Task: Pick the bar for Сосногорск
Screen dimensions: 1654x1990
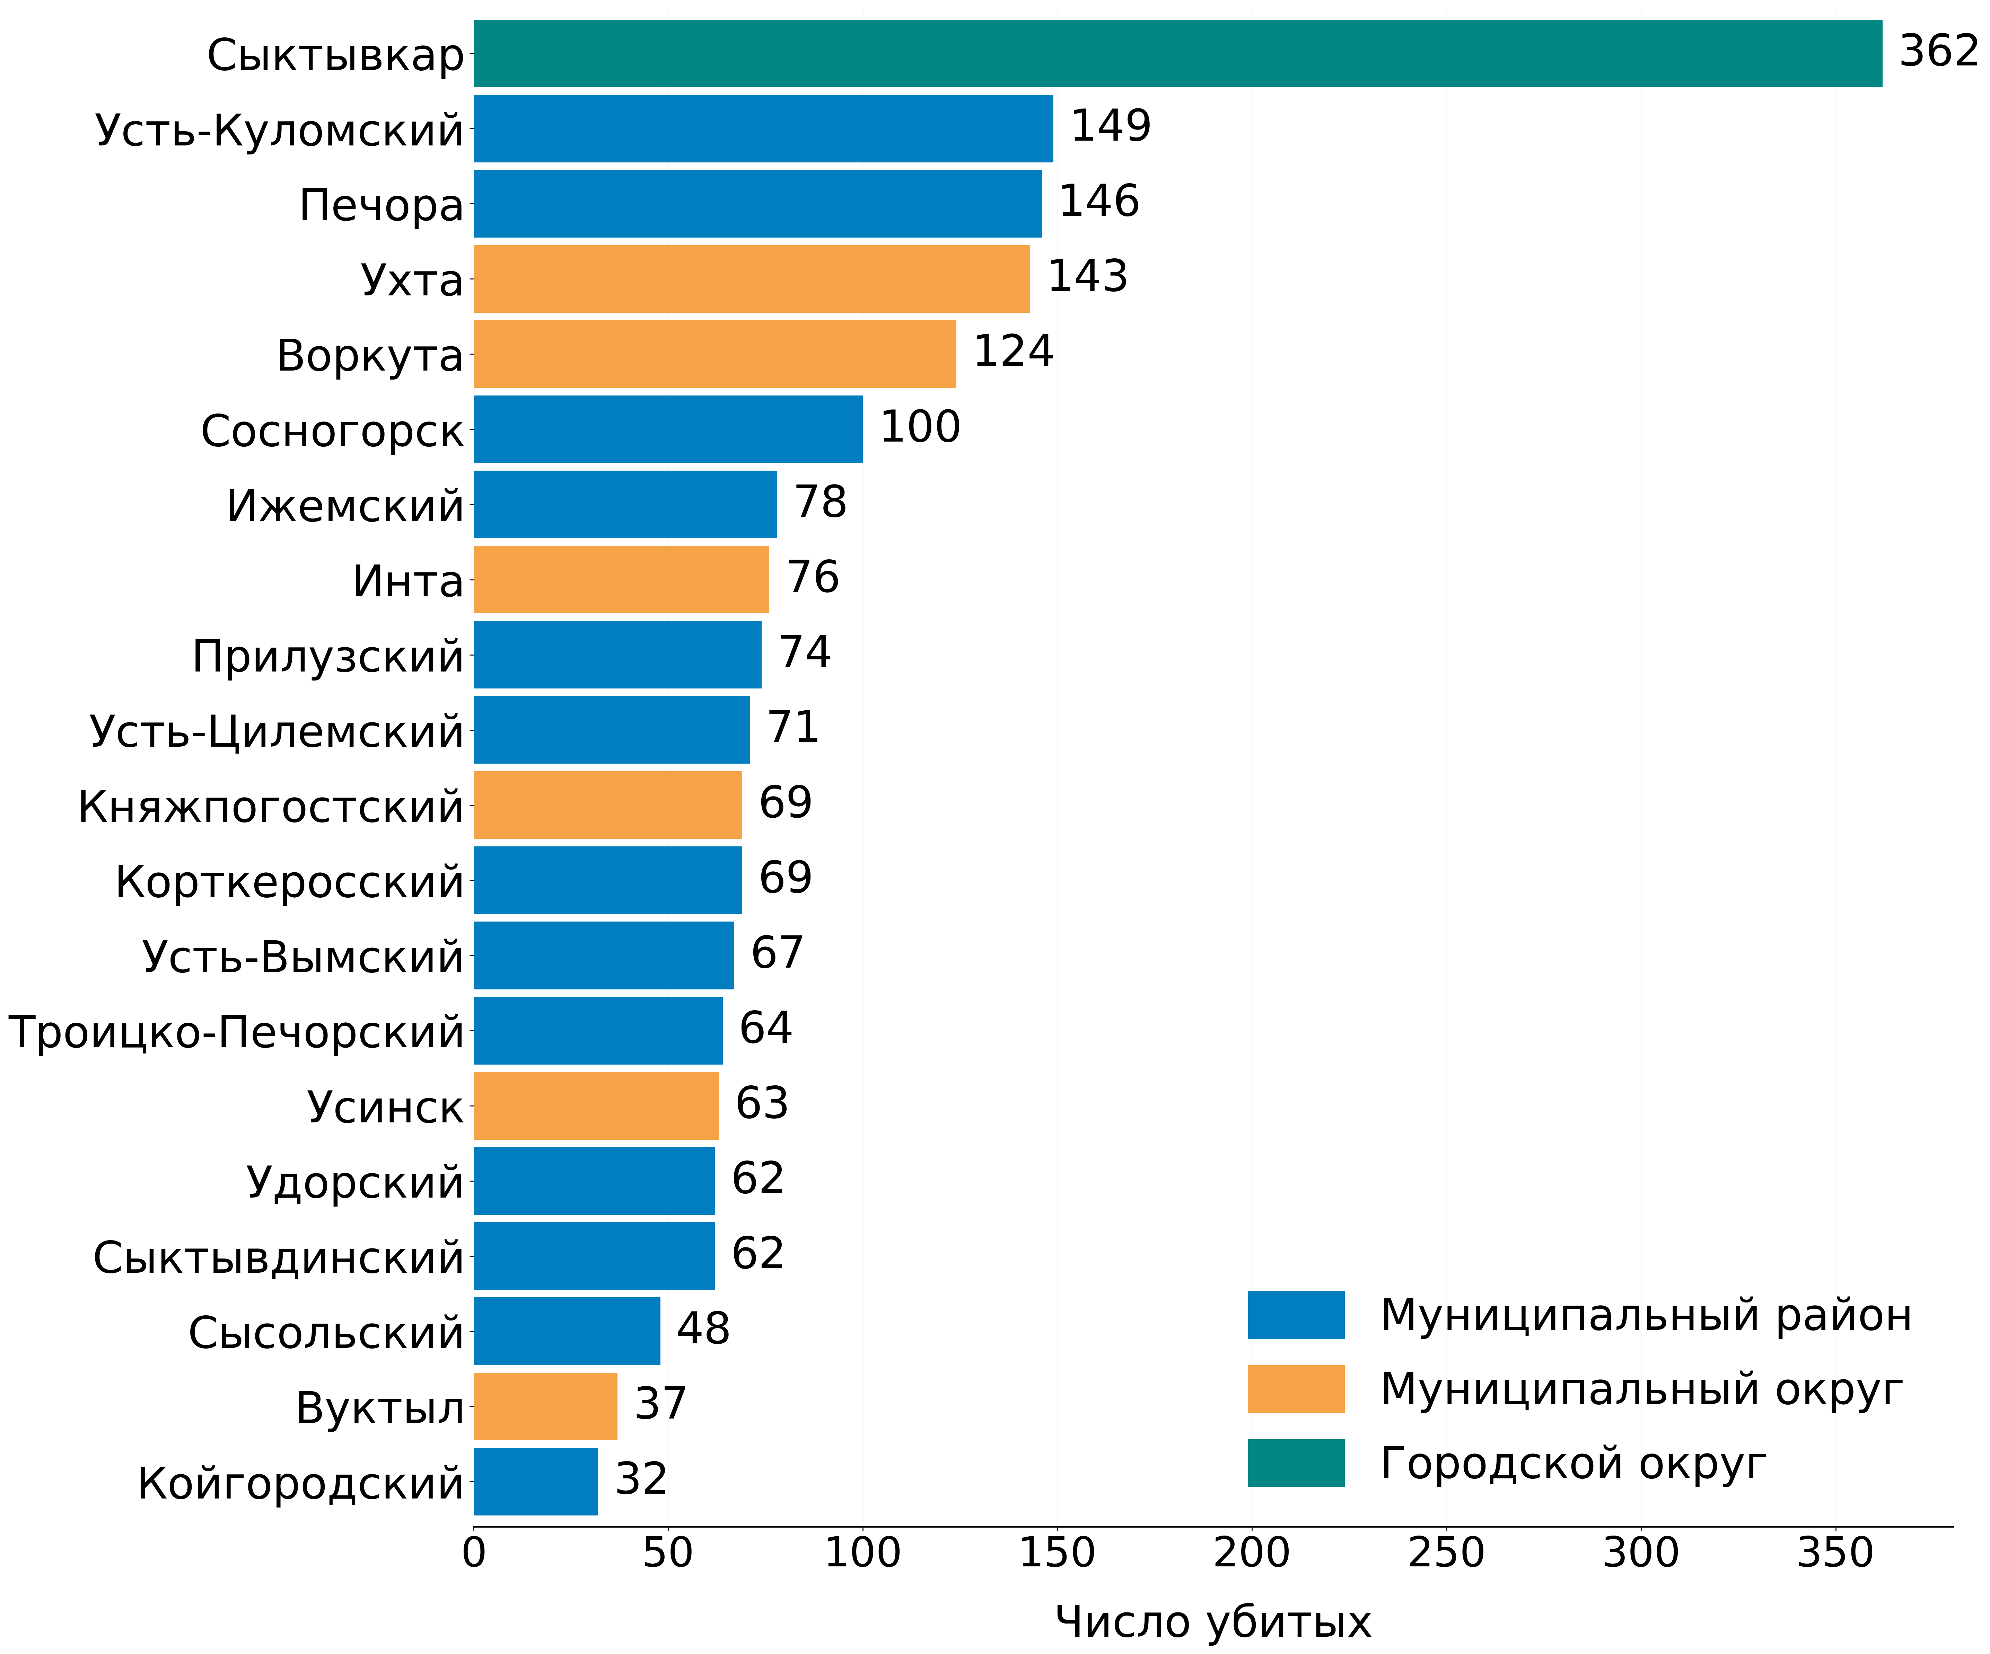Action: [x=668, y=429]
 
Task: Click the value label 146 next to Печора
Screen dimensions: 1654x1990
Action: [x=1098, y=201]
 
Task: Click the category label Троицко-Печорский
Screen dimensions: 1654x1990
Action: [x=236, y=1032]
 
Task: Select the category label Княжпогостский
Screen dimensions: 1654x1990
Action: [x=271, y=806]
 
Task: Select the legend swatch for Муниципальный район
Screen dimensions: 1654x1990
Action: [x=1295, y=1315]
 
